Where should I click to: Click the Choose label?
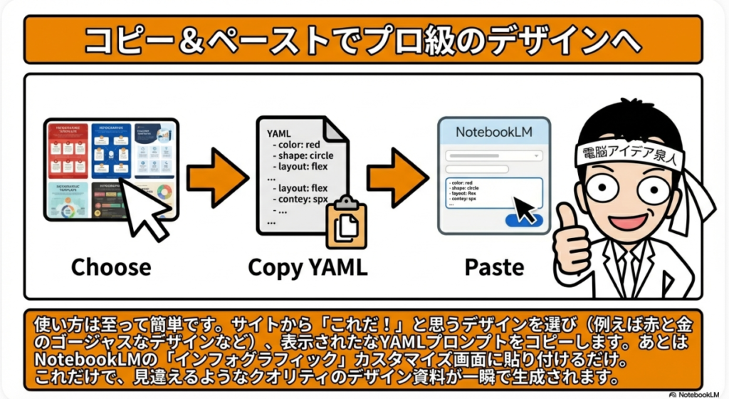click(x=110, y=267)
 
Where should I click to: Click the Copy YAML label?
click(x=308, y=267)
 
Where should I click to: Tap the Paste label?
click(x=494, y=267)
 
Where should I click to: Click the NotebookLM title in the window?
click(x=494, y=132)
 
